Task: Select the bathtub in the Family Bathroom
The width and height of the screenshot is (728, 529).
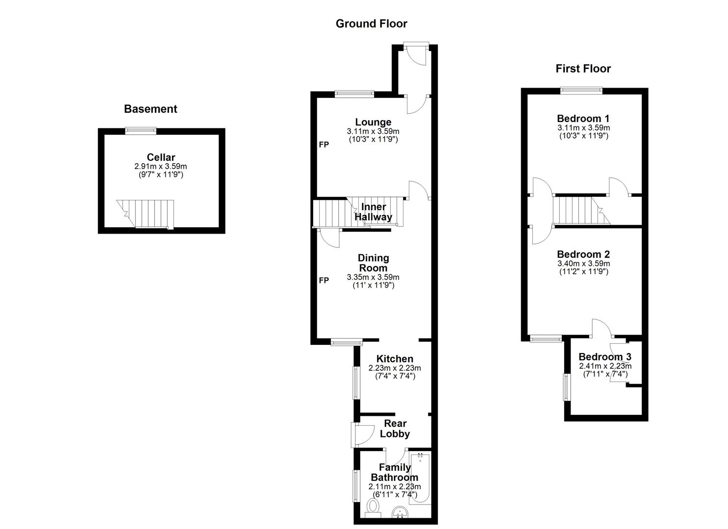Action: click(x=420, y=478)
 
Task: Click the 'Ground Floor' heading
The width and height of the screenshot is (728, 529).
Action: click(x=371, y=24)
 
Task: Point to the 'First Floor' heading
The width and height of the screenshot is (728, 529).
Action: click(x=583, y=69)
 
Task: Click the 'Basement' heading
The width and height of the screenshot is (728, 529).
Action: click(x=151, y=109)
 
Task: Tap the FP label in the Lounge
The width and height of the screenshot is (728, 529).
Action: click(x=324, y=144)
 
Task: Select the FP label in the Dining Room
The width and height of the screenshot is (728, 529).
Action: click(x=324, y=280)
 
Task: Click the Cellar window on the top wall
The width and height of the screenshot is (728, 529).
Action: click(x=140, y=130)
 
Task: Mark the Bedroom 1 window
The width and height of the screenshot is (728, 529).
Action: click(x=581, y=90)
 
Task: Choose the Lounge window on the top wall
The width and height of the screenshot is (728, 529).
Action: click(x=354, y=94)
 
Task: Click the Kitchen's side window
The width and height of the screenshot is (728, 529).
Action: click(x=356, y=382)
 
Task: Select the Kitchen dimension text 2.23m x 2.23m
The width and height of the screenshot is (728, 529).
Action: click(x=395, y=368)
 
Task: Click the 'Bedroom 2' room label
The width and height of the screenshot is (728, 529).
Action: click(x=583, y=254)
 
